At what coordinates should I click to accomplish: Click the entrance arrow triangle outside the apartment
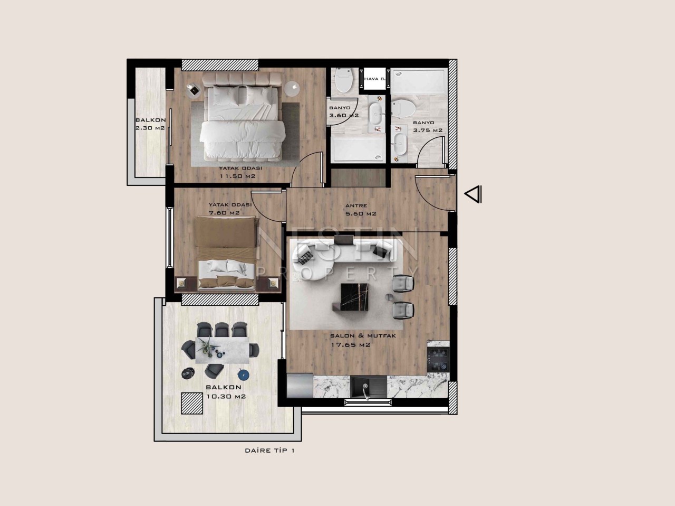[x=472, y=194]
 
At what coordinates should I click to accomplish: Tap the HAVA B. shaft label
[x=374, y=79]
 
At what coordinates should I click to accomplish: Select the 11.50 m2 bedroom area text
[x=237, y=176]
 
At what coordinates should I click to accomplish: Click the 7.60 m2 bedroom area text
[x=224, y=212]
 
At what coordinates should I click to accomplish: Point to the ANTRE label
[x=356, y=205]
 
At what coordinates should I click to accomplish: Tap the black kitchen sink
[x=369, y=387]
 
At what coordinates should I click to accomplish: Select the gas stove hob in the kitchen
[x=438, y=359]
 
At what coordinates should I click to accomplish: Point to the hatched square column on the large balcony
[x=192, y=404]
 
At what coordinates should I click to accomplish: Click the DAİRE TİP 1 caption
[x=269, y=451]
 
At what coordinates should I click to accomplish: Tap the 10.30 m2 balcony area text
[x=226, y=396]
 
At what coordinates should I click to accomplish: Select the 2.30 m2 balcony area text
[x=150, y=128]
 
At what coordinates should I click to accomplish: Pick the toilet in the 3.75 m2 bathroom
[x=403, y=108]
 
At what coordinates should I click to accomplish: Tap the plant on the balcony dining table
[x=207, y=347]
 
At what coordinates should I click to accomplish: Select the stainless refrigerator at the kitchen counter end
[x=300, y=386]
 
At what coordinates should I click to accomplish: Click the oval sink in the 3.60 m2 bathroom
[x=375, y=113]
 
